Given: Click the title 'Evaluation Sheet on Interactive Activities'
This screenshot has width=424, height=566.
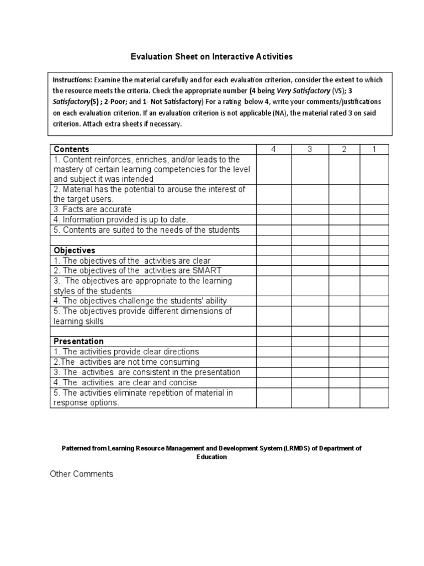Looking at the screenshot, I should click(211, 56).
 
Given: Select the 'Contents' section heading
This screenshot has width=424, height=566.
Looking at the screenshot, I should click(71, 149).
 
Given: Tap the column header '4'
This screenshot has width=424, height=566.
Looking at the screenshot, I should click(274, 149).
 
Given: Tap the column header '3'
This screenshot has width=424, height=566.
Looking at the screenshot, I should click(310, 149).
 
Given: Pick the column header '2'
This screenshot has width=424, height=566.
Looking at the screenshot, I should click(344, 149).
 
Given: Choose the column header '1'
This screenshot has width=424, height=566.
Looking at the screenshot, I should click(374, 149).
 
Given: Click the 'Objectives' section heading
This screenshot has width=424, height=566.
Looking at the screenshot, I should click(74, 250).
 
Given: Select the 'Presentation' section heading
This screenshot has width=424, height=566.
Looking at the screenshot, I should click(78, 341).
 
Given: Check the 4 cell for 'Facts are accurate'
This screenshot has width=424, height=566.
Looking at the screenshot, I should click(274, 209).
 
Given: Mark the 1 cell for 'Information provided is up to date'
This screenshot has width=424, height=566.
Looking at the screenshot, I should click(374, 219).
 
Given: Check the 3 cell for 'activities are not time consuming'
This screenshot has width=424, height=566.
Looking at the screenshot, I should click(310, 361).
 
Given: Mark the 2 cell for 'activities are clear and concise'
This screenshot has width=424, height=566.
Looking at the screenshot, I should click(344, 382).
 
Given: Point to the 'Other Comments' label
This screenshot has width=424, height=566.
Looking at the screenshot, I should click(81, 474).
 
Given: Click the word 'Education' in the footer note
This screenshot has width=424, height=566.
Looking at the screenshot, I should click(212, 457).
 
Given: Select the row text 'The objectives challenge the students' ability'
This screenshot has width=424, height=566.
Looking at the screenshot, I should click(140, 301).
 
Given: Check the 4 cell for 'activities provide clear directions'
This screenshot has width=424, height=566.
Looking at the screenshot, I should click(274, 352).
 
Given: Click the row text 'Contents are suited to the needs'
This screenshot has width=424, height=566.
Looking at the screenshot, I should click(146, 230).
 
